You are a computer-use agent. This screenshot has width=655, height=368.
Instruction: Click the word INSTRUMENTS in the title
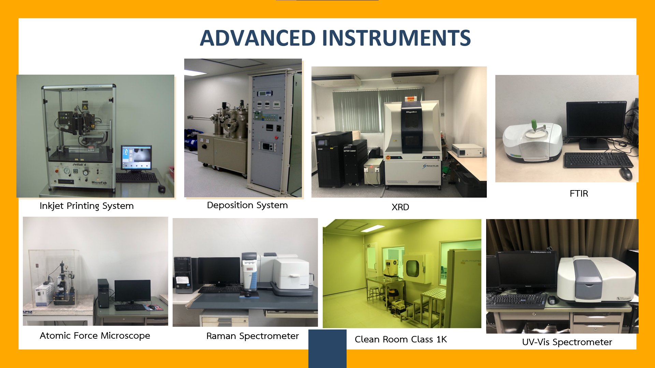pyautogui.click(x=396, y=38)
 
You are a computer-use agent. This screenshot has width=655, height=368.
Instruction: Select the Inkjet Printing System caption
pyautogui.click(x=87, y=206)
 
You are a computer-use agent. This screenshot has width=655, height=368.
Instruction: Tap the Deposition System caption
pyautogui.click(x=247, y=205)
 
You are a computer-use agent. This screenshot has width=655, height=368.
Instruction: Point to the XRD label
pyautogui.click(x=400, y=207)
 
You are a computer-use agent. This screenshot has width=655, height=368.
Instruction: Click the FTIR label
pyautogui.click(x=579, y=194)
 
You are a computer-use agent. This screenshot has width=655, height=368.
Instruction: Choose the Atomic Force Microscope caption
pyautogui.click(x=95, y=336)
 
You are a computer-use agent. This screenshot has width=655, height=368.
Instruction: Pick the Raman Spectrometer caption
pyautogui.click(x=252, y=336)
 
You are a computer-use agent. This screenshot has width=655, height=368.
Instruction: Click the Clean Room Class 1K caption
pyautogui.click(x=401, y=339)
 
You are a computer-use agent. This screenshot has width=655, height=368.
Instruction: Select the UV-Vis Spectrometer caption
pyautogui.click(x=567, y=342)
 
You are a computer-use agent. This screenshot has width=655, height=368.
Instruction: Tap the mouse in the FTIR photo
pyautogui.click(x=626, y=173)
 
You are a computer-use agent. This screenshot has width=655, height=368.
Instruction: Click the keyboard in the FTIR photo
pyautogui.click(x=598, y=159)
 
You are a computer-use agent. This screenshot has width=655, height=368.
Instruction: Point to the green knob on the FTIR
pyautogui.click(x=533, y=124)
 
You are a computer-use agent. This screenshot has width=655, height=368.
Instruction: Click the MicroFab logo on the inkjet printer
pyautogui.click(x=99, y=183)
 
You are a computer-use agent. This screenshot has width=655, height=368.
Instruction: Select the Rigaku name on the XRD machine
pyautogui.click(x=411, y=112)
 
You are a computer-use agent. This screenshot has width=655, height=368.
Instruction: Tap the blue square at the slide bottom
pyautogui.click(x=327, y=349)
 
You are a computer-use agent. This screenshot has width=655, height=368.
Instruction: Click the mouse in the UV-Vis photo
pyautogui.click(x=552, y=300)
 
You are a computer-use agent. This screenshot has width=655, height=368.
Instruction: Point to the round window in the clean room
pyautogui.click(x=412, y=268)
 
